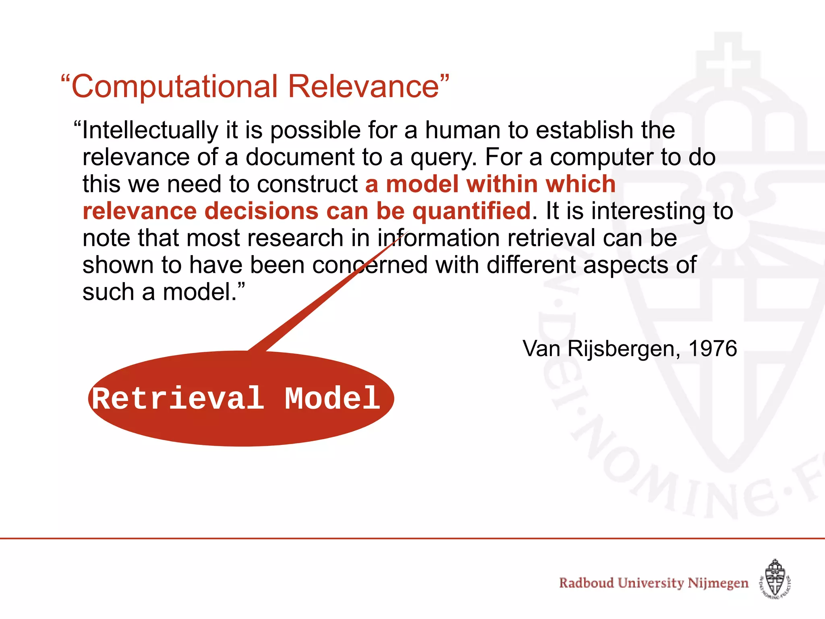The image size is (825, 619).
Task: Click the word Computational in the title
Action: point(175,87)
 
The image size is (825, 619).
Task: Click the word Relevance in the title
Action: point(363,87)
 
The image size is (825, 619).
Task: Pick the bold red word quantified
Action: point(471,212)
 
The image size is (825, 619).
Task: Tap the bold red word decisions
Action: point(262,212)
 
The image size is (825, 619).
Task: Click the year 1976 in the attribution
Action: point(713,349)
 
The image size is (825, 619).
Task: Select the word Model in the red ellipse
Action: point(332,399)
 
